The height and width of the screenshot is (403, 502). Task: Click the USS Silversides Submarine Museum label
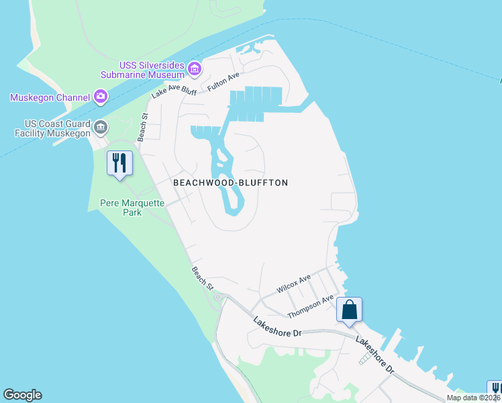click(152, 70)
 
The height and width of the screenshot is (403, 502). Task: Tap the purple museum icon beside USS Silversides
click(195, 68)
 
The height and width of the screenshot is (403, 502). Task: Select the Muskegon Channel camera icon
click(101, 97)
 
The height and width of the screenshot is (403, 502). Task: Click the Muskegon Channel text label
click(50, 97)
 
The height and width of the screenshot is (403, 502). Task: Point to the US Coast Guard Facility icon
click(101, 127)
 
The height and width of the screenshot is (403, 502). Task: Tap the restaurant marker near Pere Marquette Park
click(119, 163)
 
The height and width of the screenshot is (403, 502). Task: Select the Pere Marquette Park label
click(121, 207)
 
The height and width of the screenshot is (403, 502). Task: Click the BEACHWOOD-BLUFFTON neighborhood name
click(230, 183)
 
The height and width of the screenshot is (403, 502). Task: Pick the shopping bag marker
click(349, 310)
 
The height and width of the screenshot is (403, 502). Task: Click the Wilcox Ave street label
click(294, 283)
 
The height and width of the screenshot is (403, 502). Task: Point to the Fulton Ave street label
click(223, 83)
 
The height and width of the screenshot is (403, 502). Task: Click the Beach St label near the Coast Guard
click(142, 126)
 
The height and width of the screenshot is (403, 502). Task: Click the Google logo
click(22, 395)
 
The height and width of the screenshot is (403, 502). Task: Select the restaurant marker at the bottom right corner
click(495, 389)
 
